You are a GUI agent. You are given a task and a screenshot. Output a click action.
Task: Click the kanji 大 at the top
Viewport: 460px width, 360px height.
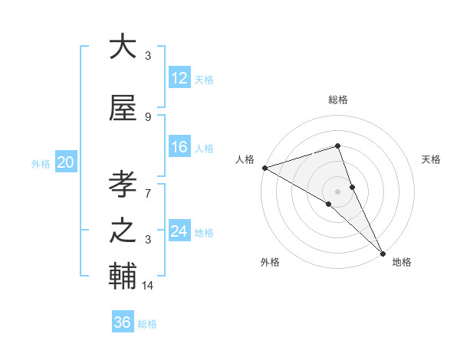(123, 47)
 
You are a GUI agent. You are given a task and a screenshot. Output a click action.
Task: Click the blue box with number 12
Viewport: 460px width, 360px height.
(179, 78)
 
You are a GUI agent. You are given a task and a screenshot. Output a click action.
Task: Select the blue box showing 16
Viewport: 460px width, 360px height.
(179, 147)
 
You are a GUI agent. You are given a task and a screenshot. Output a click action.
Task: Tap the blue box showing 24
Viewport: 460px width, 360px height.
(179, 231)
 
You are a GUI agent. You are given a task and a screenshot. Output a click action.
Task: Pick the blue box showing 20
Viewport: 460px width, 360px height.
(66, 162)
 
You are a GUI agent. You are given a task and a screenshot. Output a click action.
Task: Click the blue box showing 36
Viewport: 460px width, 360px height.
(123, 322)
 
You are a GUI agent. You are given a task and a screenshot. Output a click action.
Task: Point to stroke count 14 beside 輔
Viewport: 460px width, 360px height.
(148, 286)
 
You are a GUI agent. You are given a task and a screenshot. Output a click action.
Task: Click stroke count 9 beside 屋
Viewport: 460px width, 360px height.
(148, 117)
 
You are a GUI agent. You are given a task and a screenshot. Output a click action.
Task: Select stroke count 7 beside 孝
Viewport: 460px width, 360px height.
(148, 186)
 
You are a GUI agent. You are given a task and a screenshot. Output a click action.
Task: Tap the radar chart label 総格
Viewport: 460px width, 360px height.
(337, 100)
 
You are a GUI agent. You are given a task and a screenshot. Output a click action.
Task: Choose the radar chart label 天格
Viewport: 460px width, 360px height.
(432, 159)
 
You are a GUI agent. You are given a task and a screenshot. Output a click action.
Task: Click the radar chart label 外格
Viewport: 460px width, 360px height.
(270, 262)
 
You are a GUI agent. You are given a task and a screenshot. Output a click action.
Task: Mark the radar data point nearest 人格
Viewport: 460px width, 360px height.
(264, 168)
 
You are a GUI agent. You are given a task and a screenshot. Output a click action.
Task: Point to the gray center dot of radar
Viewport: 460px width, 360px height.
(337, 191)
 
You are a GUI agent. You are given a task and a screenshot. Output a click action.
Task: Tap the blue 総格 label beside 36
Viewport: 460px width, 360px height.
(147, 324)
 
